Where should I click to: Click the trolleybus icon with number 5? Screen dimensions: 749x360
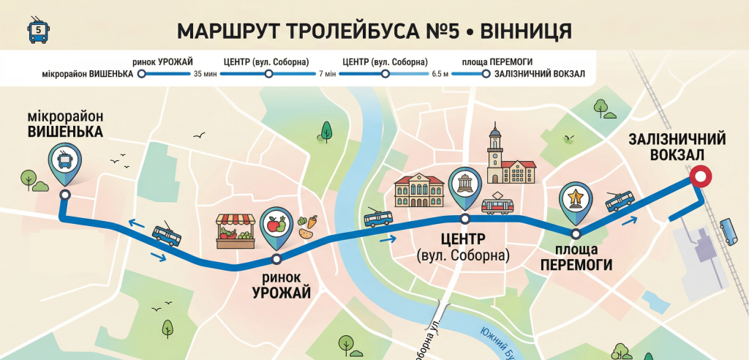pyautogui.click(x=38, y=32)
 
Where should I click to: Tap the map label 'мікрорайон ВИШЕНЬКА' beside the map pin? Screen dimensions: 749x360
pyautogui.click(x=65, y=124)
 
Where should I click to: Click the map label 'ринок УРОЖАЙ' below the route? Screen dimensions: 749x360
pyautogui.click(x=282, y=285)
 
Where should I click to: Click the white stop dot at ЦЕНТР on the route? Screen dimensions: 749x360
pyautogui.click(x=464, y=219)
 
